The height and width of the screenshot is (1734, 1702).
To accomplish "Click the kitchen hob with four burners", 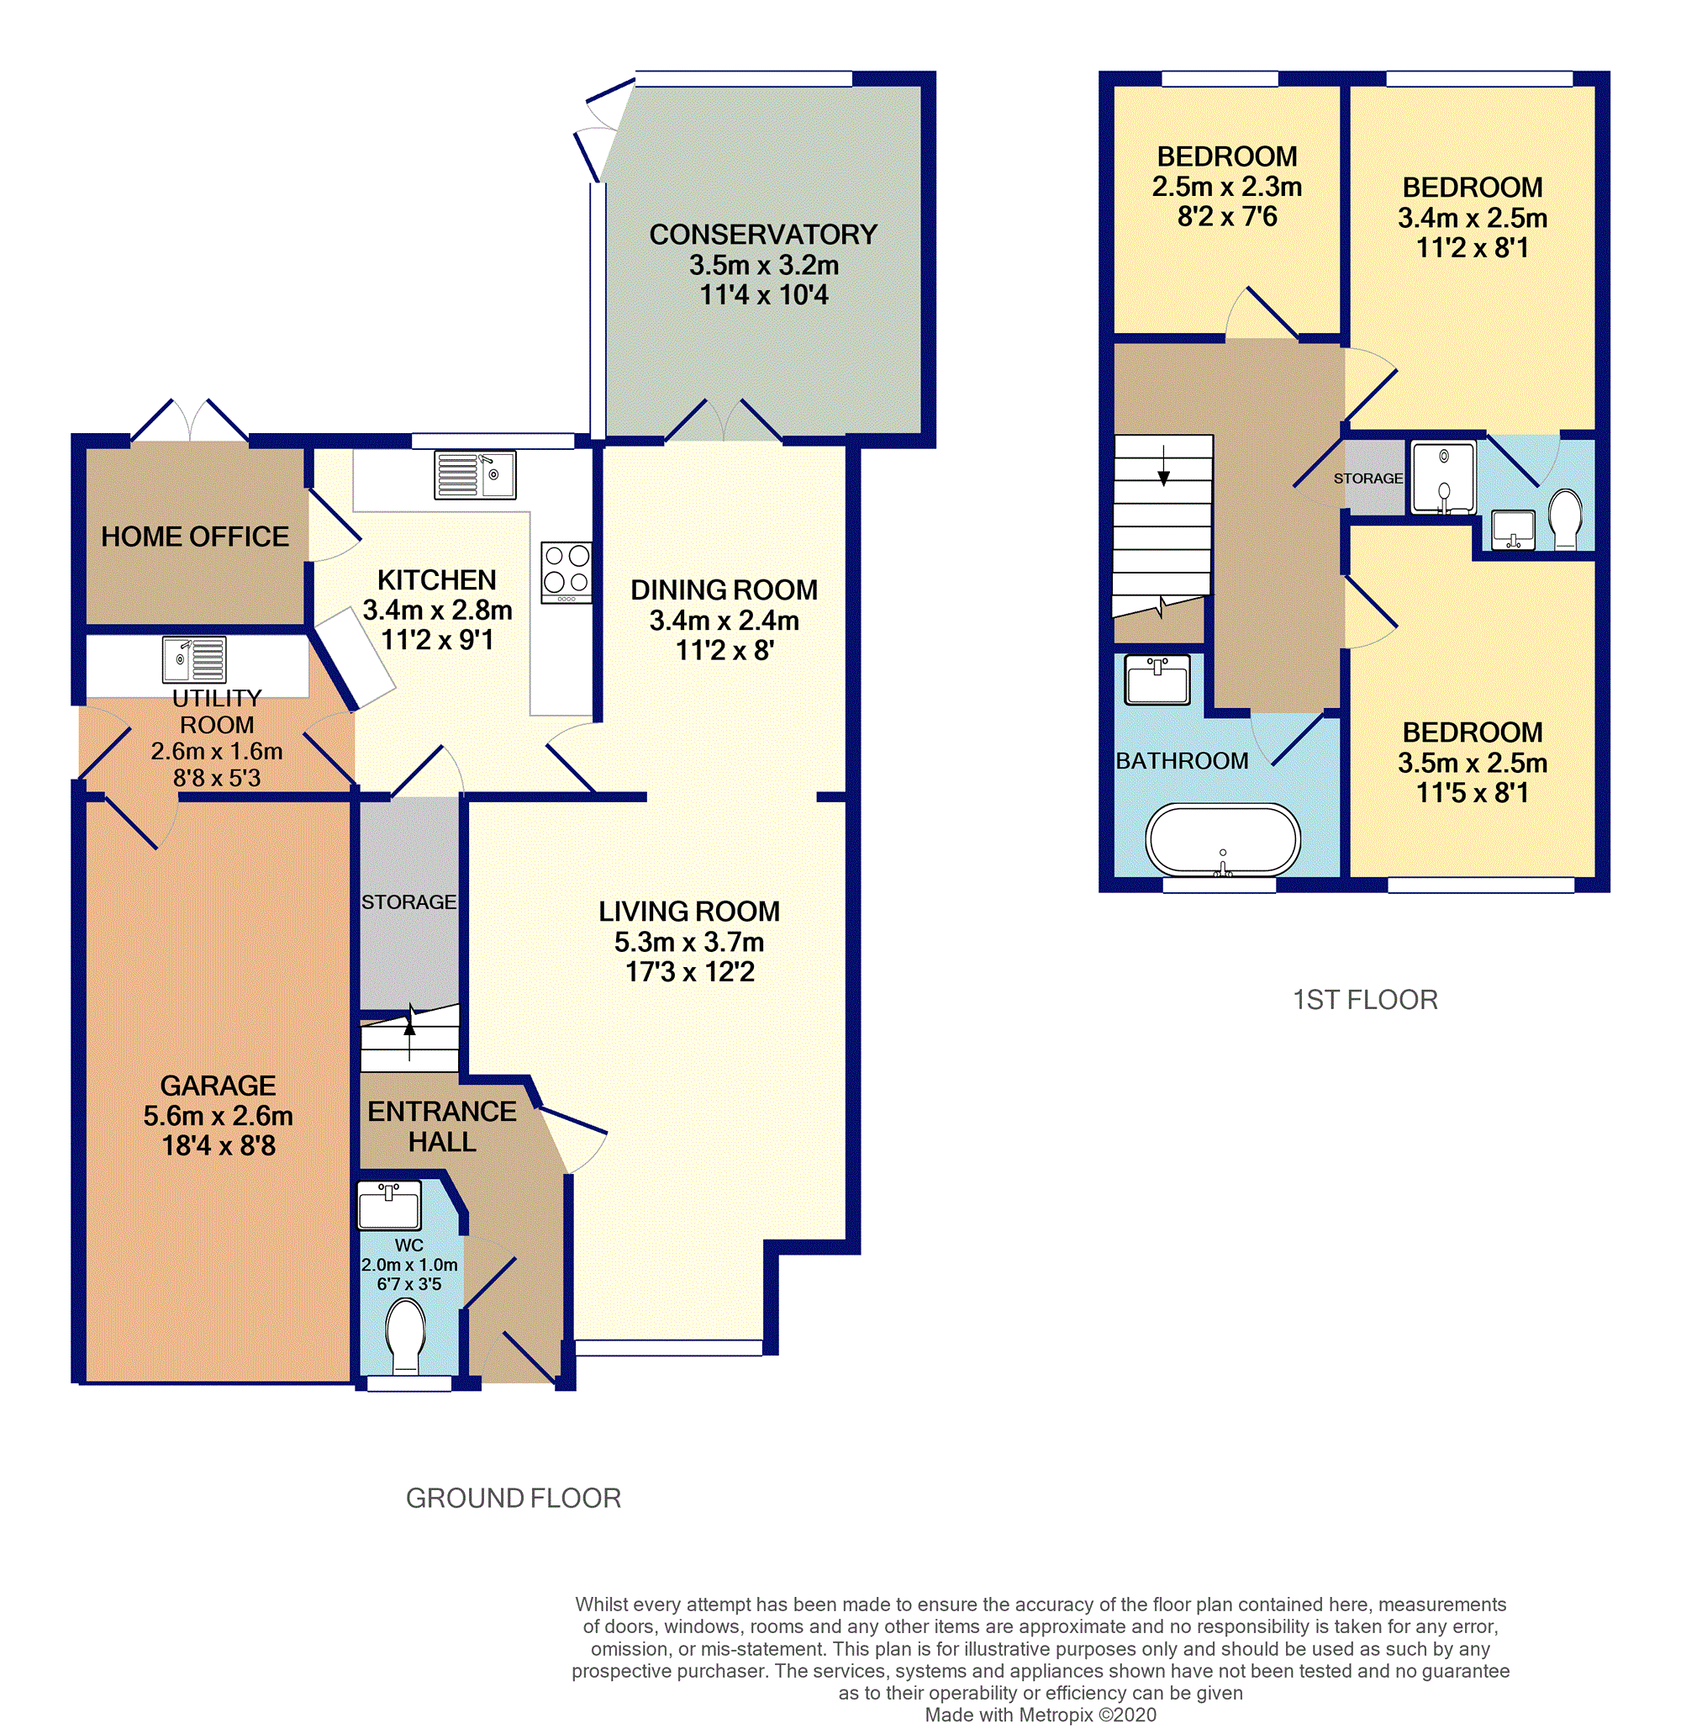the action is pyautogui.click(x=566, y=572).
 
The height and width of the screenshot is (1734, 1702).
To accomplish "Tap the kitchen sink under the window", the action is pyautogui.click(x=475, y=474).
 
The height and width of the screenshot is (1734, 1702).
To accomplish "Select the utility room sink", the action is pyautogui.click(x=194, y=659).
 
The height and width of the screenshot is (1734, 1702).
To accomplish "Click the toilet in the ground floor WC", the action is pyautogui.click(x=406, y=1335).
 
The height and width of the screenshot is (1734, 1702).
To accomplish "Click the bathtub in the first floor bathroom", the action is pyautogui.click(x=1222, y=840).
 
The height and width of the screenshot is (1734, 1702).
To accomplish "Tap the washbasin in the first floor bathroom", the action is pyautogui.click(x=1157, y=679).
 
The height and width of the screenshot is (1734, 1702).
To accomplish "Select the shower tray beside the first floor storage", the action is pyautogui.click(x=1443, y=478).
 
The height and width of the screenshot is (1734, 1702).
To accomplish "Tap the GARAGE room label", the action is pyautogui.click(x=219, y=1085).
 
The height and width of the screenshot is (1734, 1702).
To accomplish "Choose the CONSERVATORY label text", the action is pyautogui.click(x=763, y=235).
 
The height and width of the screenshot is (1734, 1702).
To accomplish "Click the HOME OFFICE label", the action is pyautogui.click(x=195, y=537).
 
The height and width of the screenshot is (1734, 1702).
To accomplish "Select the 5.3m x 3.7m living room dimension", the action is pyautogui.click(x=689, y=942).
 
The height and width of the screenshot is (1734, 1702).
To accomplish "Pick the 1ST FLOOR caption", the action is pyautogui.click(x=1365, y=1000).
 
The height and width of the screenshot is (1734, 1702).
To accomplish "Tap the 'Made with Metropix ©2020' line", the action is pyautogui.click(x=1041, y=1715).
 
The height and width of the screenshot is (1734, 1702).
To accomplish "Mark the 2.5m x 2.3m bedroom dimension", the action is pyautogui.click(x=1226, y=187).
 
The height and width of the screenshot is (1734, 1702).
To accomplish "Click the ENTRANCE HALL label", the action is pyautogui.click(x=441, y=1126).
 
